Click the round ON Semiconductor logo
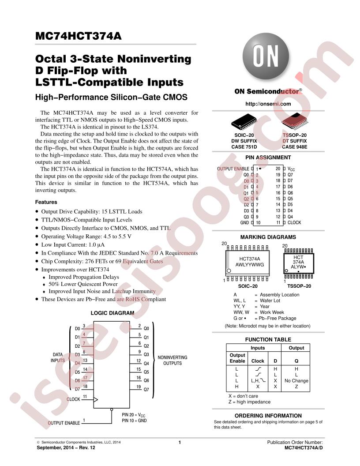click(266, 56)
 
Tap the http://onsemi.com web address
click(268, 104)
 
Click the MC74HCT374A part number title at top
click(79, 36)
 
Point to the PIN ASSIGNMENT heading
click(268, 158)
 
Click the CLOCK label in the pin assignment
click(294, 222)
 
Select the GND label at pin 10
click(244, 222)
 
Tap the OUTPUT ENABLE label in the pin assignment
click(233, 169)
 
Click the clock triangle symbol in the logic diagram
click(96, 400)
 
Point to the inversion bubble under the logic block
click(112, 410)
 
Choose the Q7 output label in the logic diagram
click(146, 389)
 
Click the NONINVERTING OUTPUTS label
click(172, 360)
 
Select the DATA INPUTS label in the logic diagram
click(58, 357)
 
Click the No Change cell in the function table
click(296, 381)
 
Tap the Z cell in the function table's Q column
click(296, 387)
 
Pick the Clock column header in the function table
click(258, 361)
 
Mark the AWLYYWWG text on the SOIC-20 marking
click(250, 264)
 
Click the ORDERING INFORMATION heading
click(268, 416)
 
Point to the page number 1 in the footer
click(180, 442)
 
